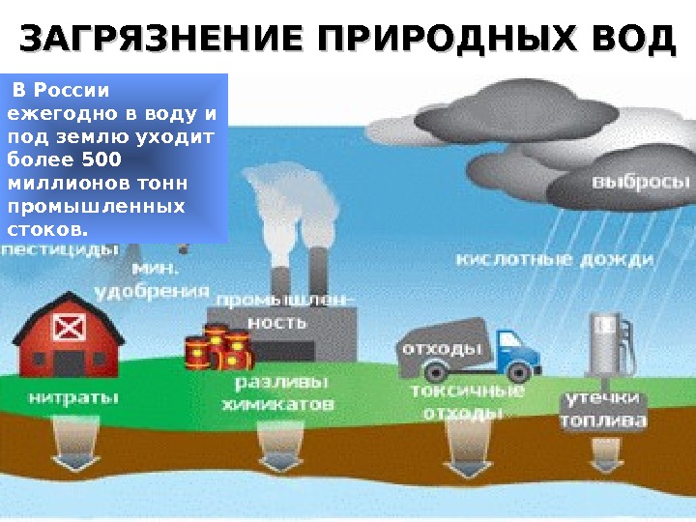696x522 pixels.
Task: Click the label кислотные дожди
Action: [x=555, y=260]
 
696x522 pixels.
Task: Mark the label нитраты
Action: [x=73, y=396]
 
